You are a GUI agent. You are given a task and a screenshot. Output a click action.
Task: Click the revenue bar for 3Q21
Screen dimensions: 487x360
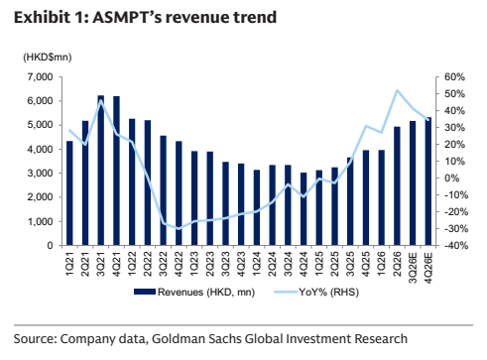[100, 171]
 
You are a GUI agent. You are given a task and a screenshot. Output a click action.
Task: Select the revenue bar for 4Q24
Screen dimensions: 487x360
[304, 209]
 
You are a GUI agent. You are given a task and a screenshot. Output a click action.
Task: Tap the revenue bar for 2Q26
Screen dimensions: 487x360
[397, 186]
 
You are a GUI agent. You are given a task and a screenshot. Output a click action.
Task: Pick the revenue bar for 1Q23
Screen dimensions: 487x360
[194, 198]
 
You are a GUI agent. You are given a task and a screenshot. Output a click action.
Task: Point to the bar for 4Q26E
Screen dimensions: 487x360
[428, 181]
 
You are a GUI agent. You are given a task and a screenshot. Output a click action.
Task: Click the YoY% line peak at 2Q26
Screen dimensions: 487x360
[397, 90]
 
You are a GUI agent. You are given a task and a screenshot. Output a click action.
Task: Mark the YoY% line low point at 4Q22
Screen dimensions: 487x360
[179, 228]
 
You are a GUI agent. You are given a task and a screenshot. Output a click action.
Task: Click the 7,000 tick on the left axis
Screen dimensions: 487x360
[41, 77]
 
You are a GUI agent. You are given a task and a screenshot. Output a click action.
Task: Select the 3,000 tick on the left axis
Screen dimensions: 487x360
[41, 174]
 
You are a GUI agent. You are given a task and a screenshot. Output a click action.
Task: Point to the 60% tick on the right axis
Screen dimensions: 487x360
[454, 77]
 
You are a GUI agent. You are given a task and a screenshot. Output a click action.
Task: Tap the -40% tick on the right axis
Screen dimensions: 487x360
[456, 246]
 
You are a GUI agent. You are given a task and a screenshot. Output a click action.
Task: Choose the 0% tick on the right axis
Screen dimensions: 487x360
[452, 179]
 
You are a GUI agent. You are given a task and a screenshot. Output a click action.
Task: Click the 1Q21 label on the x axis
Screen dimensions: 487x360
[69, 264]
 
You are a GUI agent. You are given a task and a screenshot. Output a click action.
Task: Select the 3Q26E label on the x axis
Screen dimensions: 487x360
[413, 268]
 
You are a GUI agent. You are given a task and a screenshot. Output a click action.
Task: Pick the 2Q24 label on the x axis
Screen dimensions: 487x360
[272, 264]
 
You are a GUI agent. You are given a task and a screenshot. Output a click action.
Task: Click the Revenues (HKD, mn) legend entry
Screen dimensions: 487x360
[194, 293]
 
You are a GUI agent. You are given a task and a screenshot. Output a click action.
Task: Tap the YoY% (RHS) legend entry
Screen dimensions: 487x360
[316, 293]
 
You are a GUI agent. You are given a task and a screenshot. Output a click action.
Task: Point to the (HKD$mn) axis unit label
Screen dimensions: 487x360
[48, 58]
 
